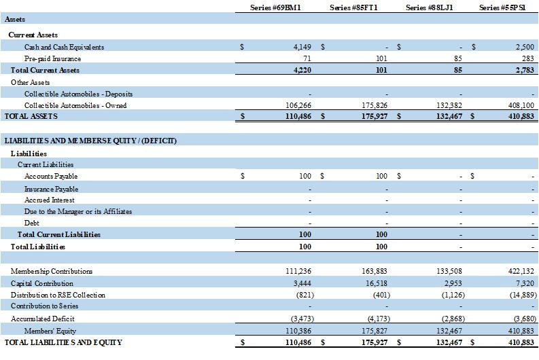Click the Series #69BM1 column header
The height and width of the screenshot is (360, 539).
277,7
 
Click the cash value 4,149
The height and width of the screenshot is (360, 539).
301,47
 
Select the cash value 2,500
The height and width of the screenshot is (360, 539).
525,47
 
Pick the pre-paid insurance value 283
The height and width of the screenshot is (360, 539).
528,58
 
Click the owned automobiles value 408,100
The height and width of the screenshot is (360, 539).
521,105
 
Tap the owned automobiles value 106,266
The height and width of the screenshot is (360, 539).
298,105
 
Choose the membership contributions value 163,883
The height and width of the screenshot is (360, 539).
374,271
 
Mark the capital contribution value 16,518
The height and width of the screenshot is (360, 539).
376,283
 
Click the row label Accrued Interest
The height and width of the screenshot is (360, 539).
50,200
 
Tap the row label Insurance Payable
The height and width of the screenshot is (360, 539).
51,188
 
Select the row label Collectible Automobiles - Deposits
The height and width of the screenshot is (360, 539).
78,94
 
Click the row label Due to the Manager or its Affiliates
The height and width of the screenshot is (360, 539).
78,211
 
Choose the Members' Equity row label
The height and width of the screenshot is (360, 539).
51,330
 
